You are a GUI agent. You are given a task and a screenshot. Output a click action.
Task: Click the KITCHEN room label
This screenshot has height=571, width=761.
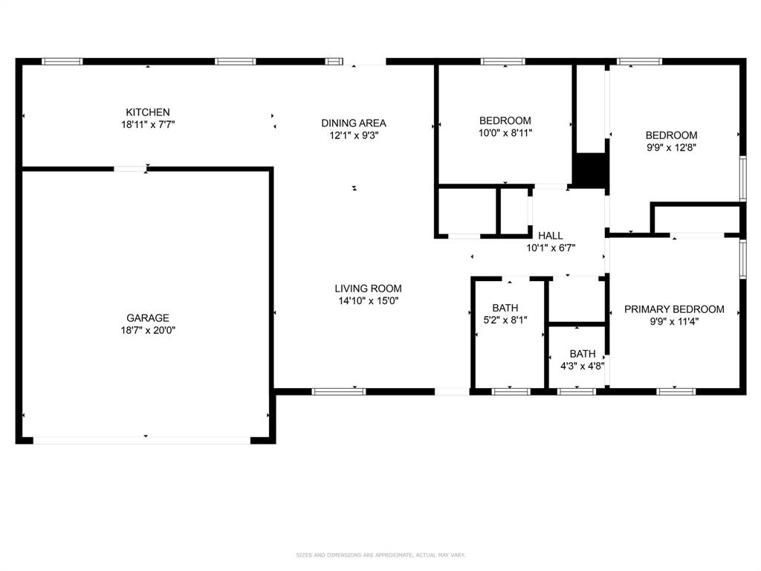pos(147,112)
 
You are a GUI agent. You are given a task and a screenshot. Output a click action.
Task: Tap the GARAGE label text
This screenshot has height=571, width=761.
pos(147,317)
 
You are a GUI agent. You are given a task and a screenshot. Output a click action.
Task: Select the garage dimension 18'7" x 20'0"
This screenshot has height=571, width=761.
pos(147,330)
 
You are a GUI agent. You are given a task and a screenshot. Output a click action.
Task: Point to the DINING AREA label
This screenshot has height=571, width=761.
pos(353,123)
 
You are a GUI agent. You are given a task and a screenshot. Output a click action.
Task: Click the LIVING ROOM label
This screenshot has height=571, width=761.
pos(368,288)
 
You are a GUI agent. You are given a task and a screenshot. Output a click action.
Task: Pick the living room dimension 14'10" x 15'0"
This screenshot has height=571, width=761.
pos(368,301)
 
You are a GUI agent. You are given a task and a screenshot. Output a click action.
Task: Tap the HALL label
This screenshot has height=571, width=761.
pos(551,236)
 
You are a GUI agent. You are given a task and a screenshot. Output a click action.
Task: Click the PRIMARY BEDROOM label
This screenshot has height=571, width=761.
pos(674,309)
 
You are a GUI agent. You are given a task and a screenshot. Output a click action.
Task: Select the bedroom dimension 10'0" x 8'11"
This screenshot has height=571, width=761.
pos(505,133)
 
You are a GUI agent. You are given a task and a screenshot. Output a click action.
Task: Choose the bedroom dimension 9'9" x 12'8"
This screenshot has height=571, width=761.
pos(671,147)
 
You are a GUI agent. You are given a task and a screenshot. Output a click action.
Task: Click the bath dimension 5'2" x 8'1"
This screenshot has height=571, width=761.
pos(505,320)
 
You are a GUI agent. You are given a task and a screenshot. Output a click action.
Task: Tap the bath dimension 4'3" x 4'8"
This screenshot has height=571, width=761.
pos(583,366)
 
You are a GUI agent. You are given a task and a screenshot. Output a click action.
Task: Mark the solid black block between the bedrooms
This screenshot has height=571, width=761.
pos(592,170)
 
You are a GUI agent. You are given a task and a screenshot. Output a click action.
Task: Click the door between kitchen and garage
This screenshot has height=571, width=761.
pos(130,169)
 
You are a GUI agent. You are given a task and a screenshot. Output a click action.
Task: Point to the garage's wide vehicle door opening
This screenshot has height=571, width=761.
pos(141,440)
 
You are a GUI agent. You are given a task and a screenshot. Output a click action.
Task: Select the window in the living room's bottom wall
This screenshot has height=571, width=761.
pos(338,391)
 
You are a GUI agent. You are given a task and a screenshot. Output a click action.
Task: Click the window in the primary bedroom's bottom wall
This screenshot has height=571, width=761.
pos(676,391)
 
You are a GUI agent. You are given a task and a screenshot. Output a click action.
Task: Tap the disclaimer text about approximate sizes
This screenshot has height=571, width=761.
pos(380,555)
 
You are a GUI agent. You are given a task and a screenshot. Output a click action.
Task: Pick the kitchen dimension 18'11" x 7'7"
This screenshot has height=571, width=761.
pos(147,125)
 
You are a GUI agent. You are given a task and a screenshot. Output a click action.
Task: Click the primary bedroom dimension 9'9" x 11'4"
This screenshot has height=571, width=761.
pos(674,322)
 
